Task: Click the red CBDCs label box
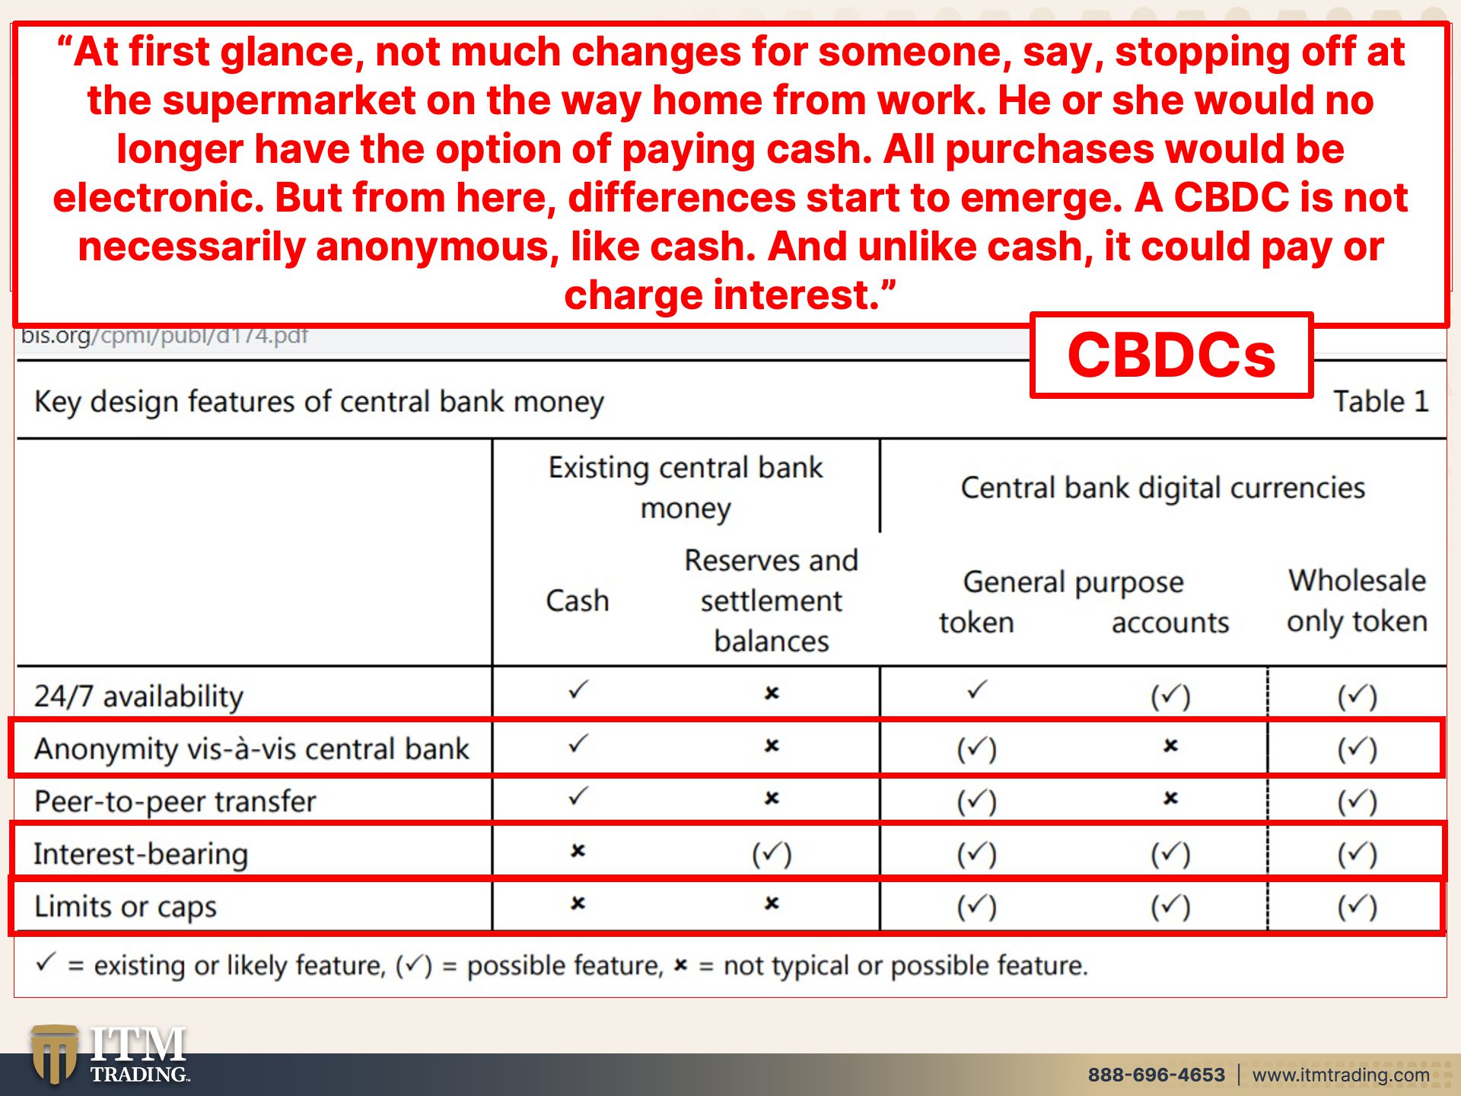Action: tap(1172, 355)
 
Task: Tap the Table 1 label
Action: tap(1380, 401)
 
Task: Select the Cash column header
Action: tap(578, 601)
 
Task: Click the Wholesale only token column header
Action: tap(1357, 601)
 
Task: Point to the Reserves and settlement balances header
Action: tap(772, 601)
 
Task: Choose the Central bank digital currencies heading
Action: tap(1163, 488)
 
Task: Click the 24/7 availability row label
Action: tap(138, 696)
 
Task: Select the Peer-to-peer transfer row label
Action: tap(175, 801)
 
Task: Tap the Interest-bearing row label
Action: tap(141, 854)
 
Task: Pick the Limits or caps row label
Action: tap(126, 906)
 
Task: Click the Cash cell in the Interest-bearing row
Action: tap(578, 851)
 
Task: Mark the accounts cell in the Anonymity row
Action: tap(1170, 746)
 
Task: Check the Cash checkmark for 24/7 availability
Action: tap(578, 690)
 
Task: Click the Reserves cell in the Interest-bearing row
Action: tap(772, 854)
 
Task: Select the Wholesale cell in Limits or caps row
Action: tap(1358, 906)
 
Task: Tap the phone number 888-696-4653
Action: tap(1156, 1075)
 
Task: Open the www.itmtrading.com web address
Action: tap(1341, 1075)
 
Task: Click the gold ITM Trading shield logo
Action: tap(54, 1054)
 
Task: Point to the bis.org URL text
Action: tap(164, 336)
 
